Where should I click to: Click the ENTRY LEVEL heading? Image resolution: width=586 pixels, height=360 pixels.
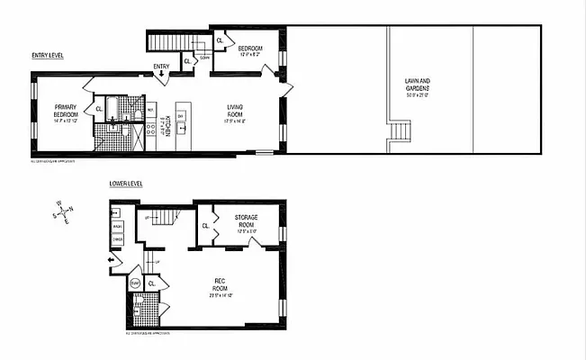coord(47,55)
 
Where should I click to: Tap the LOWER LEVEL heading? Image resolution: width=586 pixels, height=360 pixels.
coord(126,184)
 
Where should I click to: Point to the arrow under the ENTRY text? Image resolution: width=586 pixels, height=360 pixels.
coord(161,76)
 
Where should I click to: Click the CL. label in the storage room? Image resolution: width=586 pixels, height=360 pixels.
coord(206,226)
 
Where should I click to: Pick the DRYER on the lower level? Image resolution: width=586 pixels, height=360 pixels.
coord(118,240)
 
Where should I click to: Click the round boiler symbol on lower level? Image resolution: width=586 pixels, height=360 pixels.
coord(135,283)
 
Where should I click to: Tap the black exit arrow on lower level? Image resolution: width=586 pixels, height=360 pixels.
coord(112,262)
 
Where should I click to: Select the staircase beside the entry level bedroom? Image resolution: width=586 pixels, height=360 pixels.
coord(166,41)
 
